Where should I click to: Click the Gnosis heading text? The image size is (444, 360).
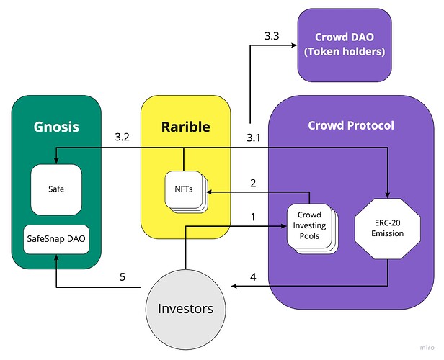56,127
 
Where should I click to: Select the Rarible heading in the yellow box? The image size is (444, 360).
185,127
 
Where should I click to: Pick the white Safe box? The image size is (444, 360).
55,190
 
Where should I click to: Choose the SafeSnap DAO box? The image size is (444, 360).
55,238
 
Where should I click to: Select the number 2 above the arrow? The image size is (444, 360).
252,183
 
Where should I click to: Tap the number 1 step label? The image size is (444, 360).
252,216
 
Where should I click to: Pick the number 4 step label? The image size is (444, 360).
252,275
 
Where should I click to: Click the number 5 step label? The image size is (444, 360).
123,275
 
